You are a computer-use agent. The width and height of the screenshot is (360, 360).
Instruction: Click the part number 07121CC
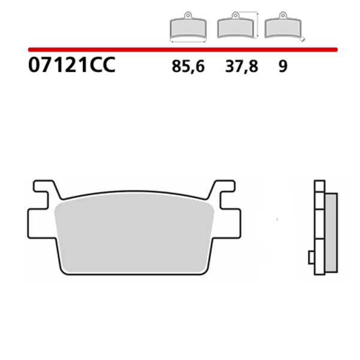[x=70, y=65]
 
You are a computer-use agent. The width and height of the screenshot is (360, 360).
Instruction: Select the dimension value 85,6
[x=188, y=66]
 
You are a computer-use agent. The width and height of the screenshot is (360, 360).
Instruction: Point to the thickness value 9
[x=283, y=66]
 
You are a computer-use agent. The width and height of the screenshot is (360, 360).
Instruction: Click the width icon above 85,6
[x=188, y=27]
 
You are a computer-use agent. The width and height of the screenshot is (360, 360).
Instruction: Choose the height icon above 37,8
[x=235, y=27]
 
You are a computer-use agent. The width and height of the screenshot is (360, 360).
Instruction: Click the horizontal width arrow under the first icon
[x=188, y=41]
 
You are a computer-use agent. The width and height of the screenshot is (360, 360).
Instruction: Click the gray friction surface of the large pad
[x=135, y=234]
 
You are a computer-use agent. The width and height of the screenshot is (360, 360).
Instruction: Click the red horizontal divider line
[x=180, y=49]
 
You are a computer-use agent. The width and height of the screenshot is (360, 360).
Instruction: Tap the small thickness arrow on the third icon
[x=304, y=39]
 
